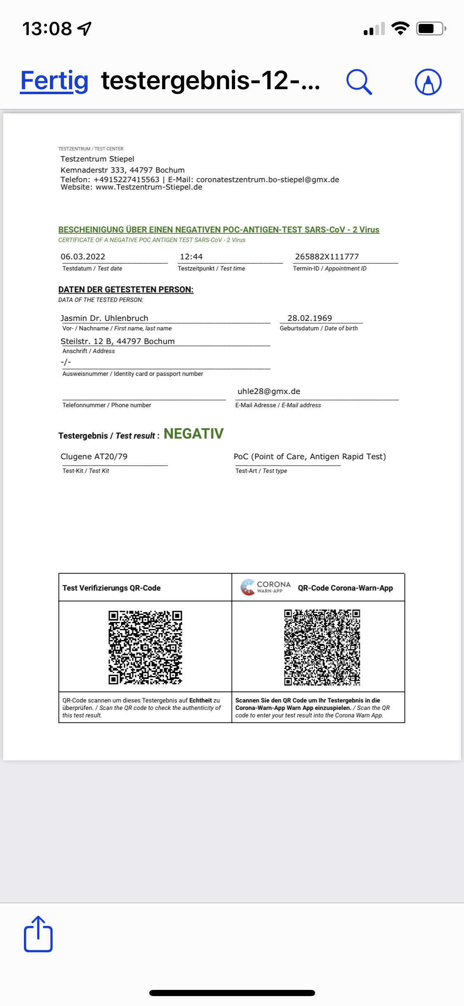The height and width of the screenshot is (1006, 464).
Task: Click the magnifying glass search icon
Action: pyautogui.click(x=359, y=82)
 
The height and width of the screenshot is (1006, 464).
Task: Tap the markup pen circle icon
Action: pyautogui.click(x=428, y=82)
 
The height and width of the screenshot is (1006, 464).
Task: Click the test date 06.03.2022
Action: pyautogui.click(x=83, y=256)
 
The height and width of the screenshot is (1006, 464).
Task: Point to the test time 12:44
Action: pyautogui.click(x=191, y=256)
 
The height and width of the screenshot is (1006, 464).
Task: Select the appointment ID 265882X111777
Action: pyautogui.click(x=327, y=256)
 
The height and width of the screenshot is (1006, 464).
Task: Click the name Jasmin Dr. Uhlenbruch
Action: pyautogui.click(x=104, y=318)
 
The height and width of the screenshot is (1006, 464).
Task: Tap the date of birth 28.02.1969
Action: pyautogui.click(x=309, y=318)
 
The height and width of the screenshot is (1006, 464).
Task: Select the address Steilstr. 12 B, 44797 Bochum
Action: pyautogui.click(x=118, y=341)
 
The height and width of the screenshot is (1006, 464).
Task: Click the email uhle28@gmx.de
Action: pyautogui.click(x=269, y=391)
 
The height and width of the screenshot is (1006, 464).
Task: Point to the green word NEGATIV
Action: pyautogui.click(x=193, y=434)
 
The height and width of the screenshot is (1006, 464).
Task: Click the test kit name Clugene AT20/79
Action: pyautogui.click(x=94, y=456)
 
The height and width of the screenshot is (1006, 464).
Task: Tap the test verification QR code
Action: pyautogui.click(x=145, y=647)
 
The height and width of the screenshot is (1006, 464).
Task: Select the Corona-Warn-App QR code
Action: pyautogui.click(x=322, y=647)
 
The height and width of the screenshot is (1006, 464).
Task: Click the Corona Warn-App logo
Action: pyautogui.click(x=266, y=587)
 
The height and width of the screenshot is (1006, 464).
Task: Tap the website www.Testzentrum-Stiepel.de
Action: pyautogui.click(x=149, y=187)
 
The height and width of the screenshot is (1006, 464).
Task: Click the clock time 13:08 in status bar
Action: pyautogui.click(x=47, y=29)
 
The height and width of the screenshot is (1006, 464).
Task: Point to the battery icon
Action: pyautogui.click(x=431, y=28)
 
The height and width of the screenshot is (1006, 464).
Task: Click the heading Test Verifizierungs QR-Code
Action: pyautogui.click(x=111, y=588)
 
